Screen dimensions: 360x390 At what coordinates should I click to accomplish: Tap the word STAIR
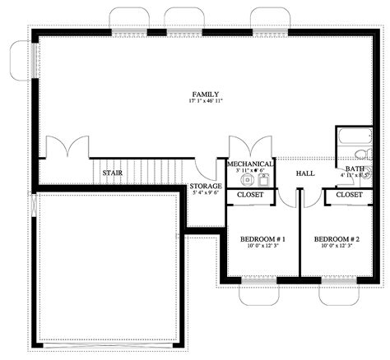click(x=112, y=173)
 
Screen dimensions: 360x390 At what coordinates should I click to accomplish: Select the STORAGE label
click(x=205, y=186)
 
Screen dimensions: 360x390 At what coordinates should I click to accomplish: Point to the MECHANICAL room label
click(x=250, y=164)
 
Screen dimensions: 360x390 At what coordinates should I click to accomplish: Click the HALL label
click(x=305, y=174)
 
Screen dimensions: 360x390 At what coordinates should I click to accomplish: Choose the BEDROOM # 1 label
click(x=262, y=239)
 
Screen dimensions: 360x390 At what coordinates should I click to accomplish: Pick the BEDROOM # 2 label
click(x=337, y=239)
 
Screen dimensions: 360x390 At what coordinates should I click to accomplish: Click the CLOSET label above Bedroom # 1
click(x=250, y=195)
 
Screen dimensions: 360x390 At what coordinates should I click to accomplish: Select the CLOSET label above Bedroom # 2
click(x=349, y=195)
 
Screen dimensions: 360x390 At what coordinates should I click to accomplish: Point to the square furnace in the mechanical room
click(x=264, y=178)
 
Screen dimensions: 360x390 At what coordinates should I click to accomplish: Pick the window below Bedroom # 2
click(x=339, y=289)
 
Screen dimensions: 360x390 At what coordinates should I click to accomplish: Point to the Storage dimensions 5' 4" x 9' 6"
click(x=205, y=193)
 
